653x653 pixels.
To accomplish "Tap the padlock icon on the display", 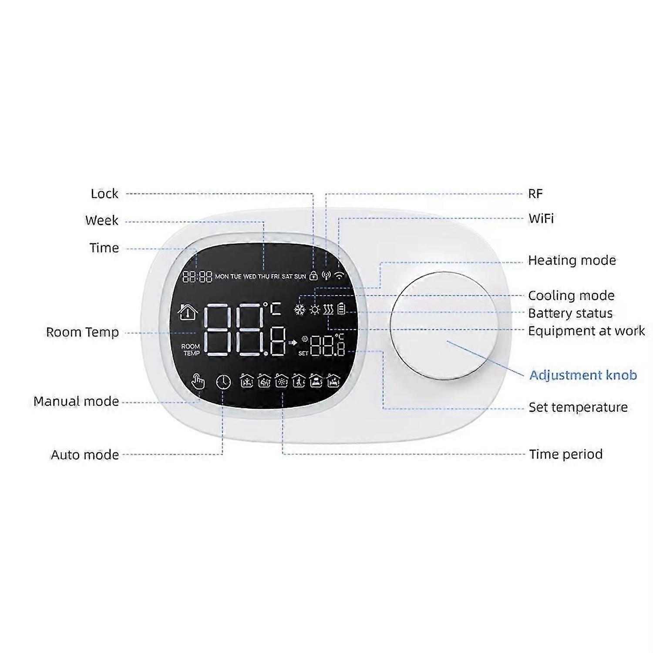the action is [x=313, y=276].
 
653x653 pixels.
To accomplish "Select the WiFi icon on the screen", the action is [x=339, y=275].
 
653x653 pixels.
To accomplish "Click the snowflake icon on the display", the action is [x=300, y=310].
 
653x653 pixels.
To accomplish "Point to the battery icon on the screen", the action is [x=342, y=309].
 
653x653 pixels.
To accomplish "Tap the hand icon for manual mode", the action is [x=198, y=382].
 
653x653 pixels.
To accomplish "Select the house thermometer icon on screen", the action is [x=188, y=313].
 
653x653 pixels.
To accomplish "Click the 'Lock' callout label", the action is [x=104, y=194].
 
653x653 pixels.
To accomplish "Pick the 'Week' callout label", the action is [x=102, y=220].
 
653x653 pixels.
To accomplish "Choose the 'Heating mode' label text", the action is [x=572, y=260].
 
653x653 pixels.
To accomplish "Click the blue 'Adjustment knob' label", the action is [x=583, y=375].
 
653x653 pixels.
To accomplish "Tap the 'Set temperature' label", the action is [x=578, y=407].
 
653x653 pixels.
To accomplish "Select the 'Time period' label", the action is [x=566, y=454].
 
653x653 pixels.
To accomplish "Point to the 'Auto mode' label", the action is [x=85, y=455].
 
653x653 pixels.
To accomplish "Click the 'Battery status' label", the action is [x=570, y=313].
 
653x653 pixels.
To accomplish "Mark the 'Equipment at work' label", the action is [x=586, y=331].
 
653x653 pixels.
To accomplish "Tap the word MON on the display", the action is [x=222, y=276].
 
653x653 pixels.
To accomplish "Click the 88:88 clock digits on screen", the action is [x=197, y=276].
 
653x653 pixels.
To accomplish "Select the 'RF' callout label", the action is [x=535, y=194].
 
